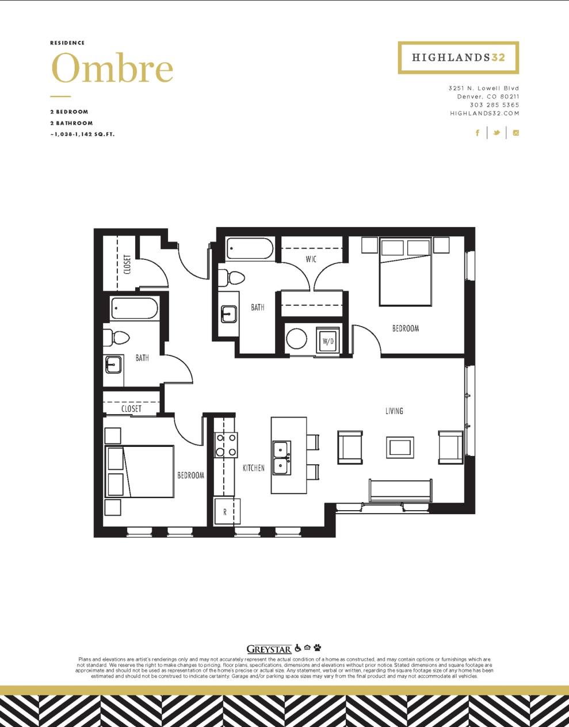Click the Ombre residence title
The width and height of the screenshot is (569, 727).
tap(112, 68)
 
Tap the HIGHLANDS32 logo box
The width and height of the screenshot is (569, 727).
tap(458, 58)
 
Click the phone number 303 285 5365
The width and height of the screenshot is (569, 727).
tap(494, 105)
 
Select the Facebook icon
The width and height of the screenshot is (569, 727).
tap(477, 133)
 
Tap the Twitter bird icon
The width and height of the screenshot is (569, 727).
tap(496, 133)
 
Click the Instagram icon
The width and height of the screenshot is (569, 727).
tap(516, 133)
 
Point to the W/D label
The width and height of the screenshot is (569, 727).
tap(328, 341)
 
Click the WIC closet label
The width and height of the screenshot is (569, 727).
tap(311, 259)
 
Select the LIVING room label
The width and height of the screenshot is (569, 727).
tap(394, 411)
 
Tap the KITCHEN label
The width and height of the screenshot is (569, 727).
tap(253, 468)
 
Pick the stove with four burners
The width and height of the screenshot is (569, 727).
tap(226, 445)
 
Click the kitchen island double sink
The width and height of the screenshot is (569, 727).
tap(281, 458)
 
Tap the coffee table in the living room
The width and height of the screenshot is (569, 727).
tap(399, 447)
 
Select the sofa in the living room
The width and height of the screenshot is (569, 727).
tap(400, 491)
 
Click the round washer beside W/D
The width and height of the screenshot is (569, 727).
tap(296, 338)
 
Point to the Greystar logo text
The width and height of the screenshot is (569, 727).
tap(269, 649)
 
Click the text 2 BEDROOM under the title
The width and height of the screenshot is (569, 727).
tap(69, 112)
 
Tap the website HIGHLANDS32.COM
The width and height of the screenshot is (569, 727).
tap(484, 114)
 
